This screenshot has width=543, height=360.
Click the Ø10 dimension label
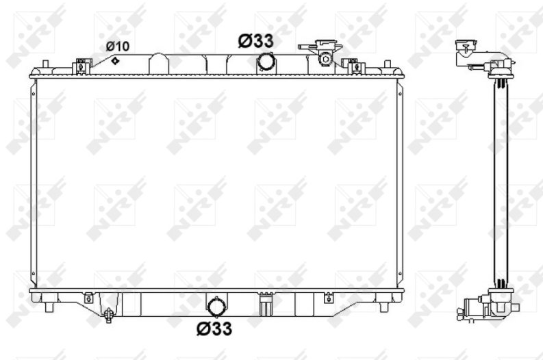point(117,46)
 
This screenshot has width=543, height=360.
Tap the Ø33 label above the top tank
point(255,41)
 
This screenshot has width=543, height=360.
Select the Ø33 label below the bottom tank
point(214,328)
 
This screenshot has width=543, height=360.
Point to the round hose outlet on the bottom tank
point(217,307)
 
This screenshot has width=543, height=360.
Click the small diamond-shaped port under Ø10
point(115,61)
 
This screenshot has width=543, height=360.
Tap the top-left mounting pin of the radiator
point(45,64)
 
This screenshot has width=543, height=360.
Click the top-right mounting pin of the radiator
point(388,64)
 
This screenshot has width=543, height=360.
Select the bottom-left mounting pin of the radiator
point(49,307)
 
